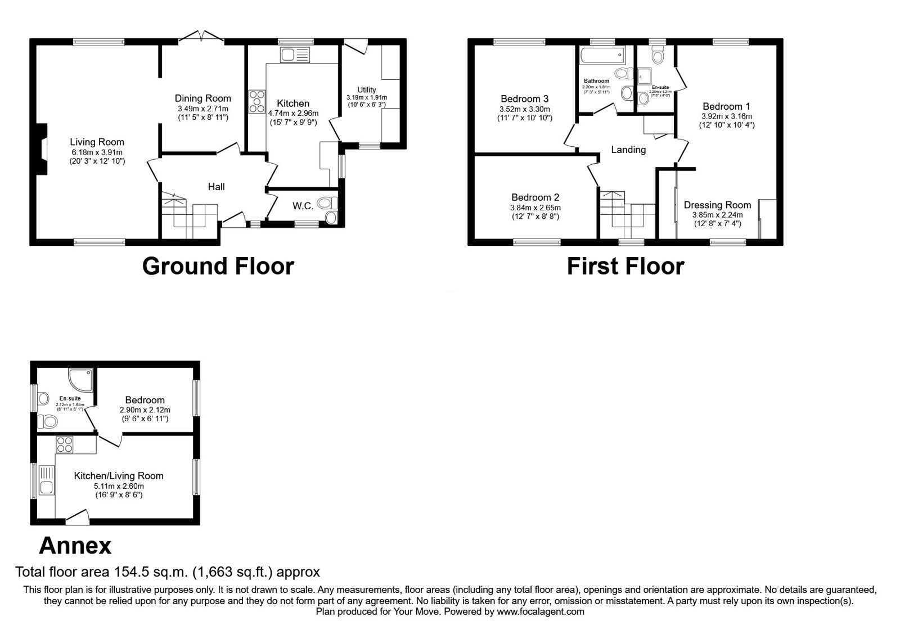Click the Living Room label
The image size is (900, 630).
click(97, 142)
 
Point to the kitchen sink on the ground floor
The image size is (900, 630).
click(295, 55)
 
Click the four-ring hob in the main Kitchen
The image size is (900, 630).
click(258, 102)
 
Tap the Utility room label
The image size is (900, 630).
click(366, 90)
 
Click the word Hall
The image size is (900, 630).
click(216, 187)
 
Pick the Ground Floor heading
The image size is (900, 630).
click(218, 266)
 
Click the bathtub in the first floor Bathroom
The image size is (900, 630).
click(601, 55)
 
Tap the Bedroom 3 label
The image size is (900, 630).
click(524, 99)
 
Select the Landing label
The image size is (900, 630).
click(628, 150)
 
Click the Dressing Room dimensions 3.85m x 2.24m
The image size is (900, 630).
click(717, 215)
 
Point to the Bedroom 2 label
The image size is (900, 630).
click(535, 197)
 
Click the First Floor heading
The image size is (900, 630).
click(625, 266)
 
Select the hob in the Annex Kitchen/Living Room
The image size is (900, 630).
click(64, 445)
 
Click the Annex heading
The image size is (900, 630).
click(75, 545)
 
